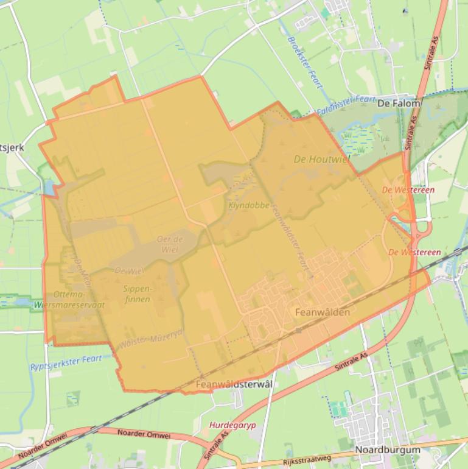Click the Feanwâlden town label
322,312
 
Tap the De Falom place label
399,104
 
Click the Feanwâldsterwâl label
234,385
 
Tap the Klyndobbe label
249,206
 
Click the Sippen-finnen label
137,294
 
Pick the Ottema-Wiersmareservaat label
69,299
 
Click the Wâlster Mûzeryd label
152,342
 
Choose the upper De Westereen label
408,190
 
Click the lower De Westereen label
414,252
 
